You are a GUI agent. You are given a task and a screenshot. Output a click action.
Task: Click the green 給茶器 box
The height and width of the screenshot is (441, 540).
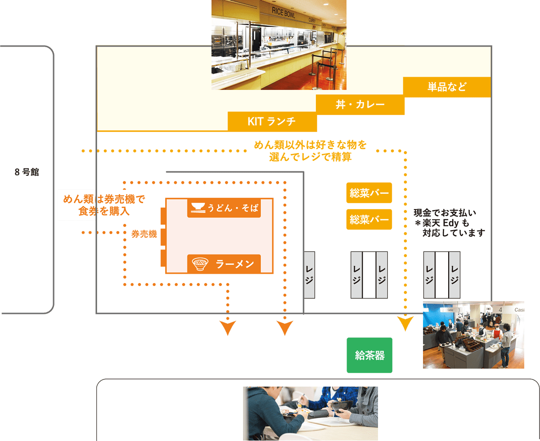(369, 355)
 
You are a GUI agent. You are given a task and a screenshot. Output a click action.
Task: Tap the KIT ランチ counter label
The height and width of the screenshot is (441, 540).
(272, 121)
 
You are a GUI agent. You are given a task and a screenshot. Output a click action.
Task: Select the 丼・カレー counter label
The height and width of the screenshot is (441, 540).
(360, 104)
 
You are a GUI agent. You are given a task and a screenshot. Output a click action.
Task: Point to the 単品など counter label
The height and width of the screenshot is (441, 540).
(447, 87)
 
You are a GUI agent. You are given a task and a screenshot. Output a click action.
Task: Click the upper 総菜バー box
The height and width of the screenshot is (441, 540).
(369, 192)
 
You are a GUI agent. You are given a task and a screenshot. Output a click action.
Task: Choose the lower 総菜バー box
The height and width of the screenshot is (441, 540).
(369, 219)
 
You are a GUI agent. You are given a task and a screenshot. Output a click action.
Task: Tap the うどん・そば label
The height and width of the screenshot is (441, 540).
(233, 208)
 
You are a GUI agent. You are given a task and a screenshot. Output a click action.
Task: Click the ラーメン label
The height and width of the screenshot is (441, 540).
(235, 264)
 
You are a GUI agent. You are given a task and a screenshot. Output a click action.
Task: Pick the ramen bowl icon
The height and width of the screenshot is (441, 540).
(200, 264)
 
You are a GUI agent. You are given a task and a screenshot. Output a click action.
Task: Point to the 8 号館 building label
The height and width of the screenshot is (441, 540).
(27, 172)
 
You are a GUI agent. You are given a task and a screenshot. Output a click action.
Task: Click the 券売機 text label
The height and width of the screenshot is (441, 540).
(144, 234)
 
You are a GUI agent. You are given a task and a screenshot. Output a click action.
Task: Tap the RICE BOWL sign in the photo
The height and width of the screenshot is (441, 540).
(283, 12)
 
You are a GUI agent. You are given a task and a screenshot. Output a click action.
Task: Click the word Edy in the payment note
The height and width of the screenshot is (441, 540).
(451, 223)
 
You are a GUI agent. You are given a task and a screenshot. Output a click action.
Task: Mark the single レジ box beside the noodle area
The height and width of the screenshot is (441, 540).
(309, 275)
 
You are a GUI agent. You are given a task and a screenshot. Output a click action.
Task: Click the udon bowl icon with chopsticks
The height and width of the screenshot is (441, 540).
(198, 208)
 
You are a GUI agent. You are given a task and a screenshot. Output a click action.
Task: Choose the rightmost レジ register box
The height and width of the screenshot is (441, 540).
(454, 275)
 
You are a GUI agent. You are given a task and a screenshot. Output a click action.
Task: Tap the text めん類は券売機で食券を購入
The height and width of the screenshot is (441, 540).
(104, 205)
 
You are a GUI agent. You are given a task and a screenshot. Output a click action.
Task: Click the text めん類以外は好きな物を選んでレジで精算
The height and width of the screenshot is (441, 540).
(310, 151)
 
